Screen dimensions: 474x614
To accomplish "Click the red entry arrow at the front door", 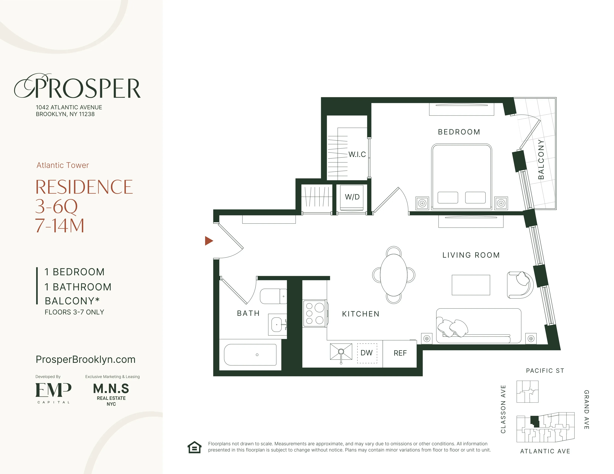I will coord(209,241).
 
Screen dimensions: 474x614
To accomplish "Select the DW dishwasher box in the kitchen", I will coord(367,353).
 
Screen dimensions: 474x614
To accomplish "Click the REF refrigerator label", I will coord(400,353).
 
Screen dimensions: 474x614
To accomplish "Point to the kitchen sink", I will coord(341,352).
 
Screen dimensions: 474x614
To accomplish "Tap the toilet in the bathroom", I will coord(273,296).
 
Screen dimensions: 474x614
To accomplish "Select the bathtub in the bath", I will coord(250,355).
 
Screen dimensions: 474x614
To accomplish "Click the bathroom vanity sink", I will coord(277,325).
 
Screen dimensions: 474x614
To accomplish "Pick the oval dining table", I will coord(394,275).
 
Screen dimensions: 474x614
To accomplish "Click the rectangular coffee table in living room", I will coord(471,285).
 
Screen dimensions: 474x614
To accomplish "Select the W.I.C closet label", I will coord(357,154).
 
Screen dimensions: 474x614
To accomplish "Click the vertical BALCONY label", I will coord(541,159).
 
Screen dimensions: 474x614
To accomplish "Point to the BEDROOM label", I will coord(459,132).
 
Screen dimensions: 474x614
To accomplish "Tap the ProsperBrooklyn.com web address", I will coord(85,359).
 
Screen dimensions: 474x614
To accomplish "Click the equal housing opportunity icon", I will coord(194,447).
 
